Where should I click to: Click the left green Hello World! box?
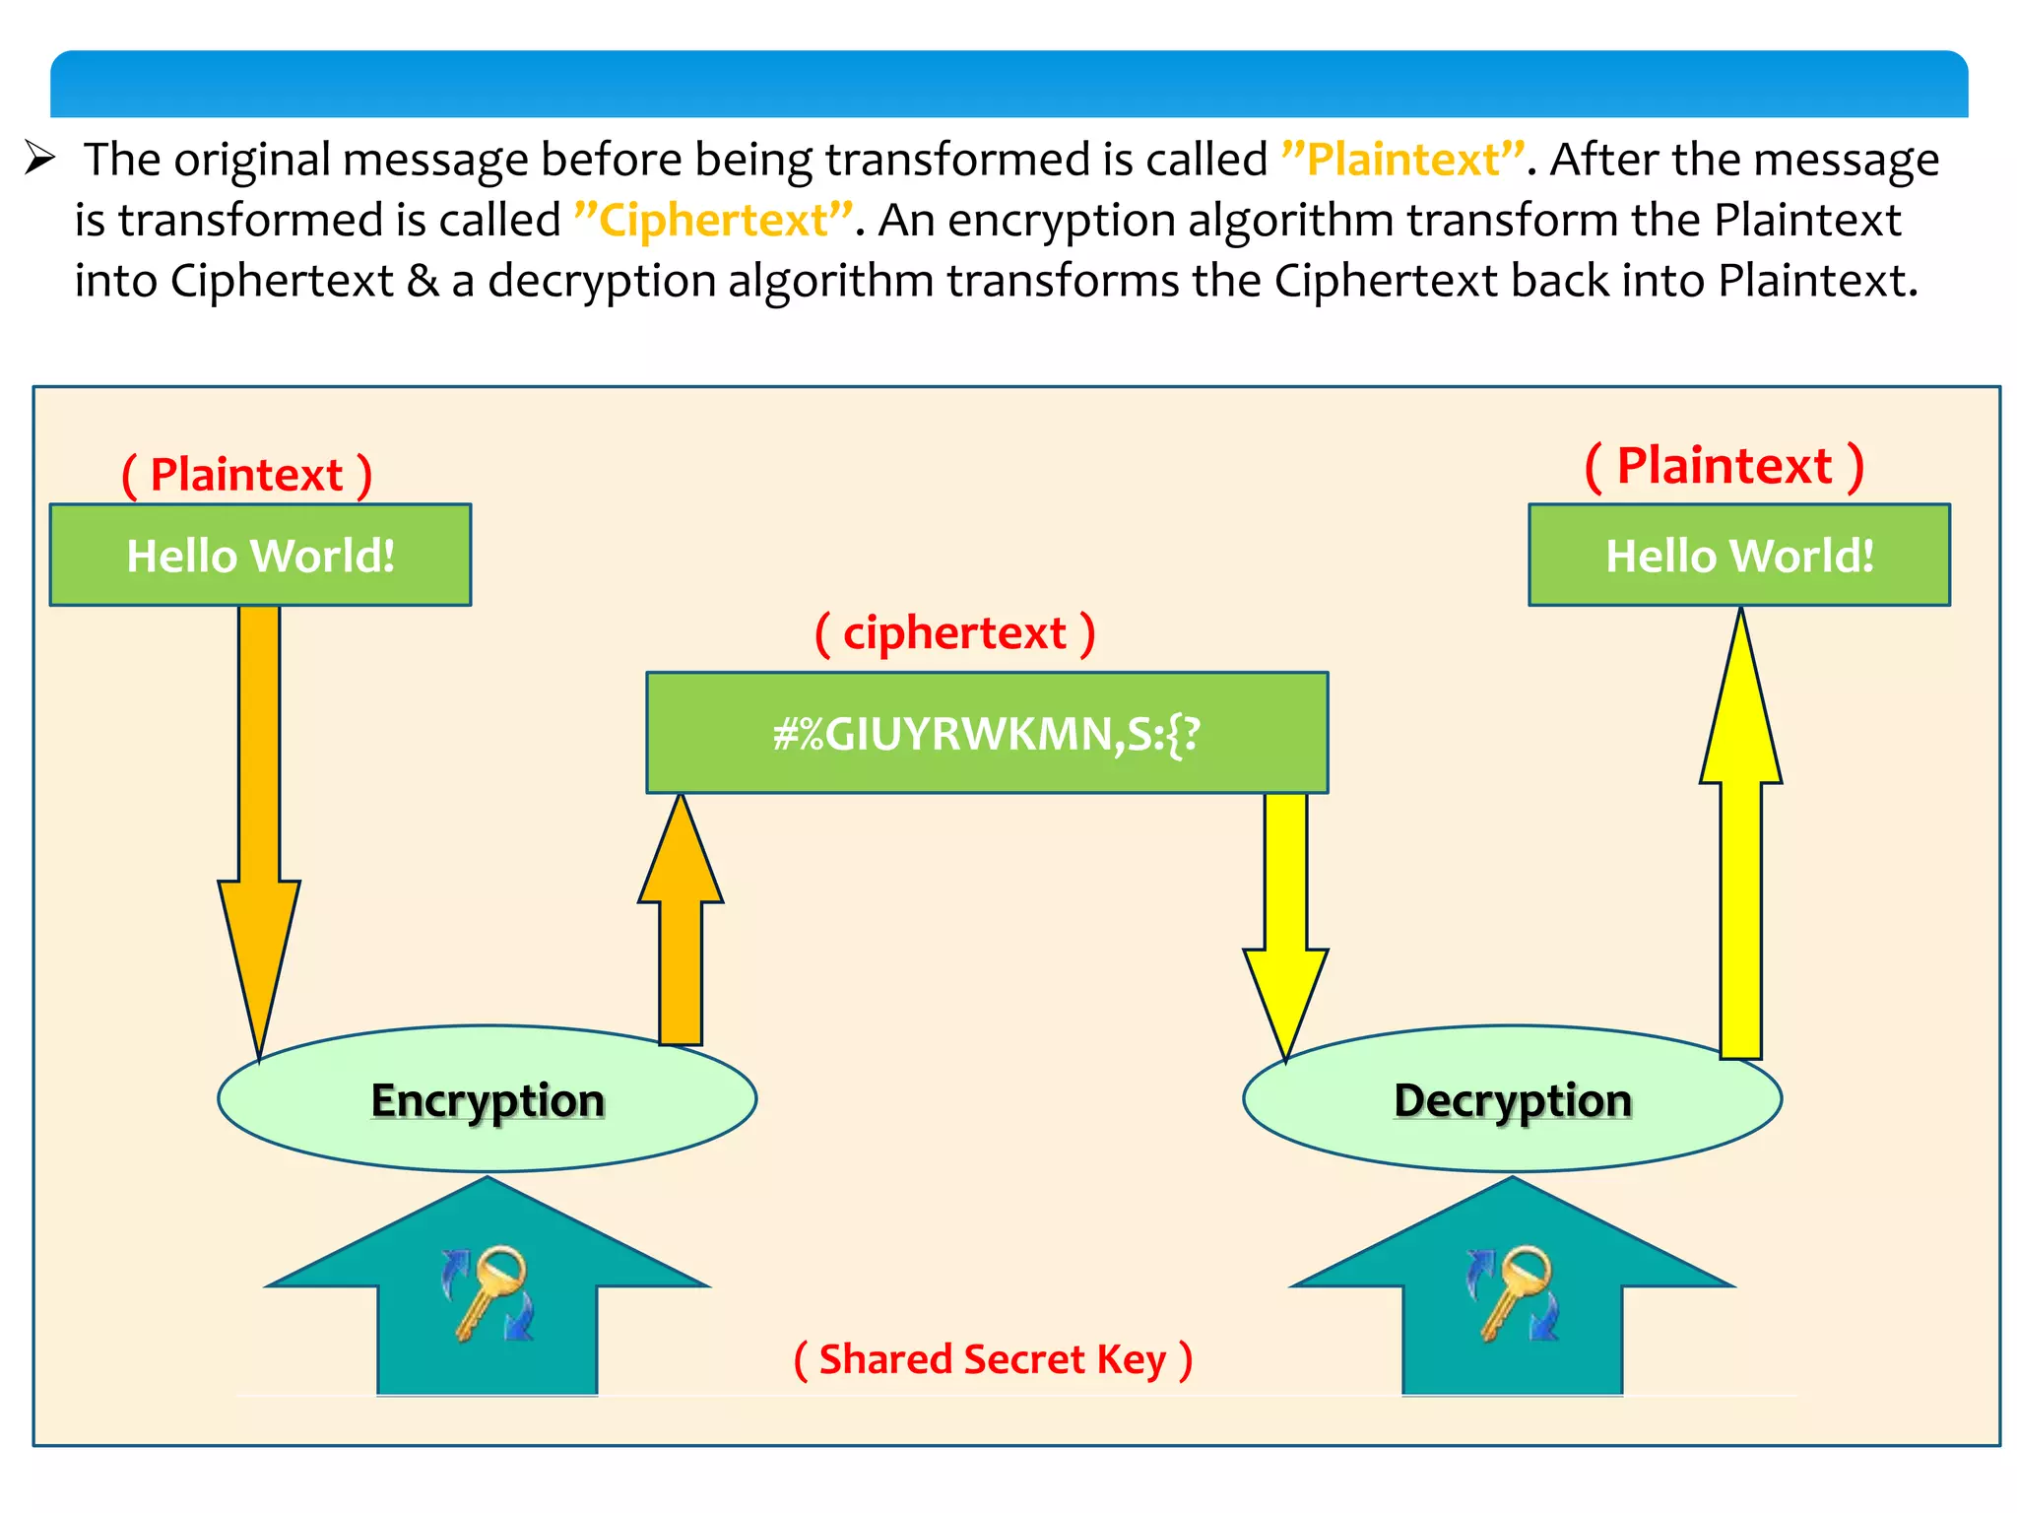point(260,555)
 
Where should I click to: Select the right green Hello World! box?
point(1738,555)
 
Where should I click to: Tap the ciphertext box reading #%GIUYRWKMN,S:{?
point(987,733)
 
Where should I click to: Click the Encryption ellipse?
point(487,1099)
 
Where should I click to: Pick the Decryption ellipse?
point(1512,1099)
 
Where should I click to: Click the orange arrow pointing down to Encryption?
point(259,808)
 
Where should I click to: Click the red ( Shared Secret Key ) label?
point(993,1359)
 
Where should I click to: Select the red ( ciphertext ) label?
point(954,632)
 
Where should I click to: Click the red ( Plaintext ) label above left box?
point(246,475)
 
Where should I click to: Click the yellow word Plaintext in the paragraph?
point(1402,159)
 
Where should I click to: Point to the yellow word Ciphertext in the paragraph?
point(713,220)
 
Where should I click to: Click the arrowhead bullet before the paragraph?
point(39,158)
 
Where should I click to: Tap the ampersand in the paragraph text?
point(423,281)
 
